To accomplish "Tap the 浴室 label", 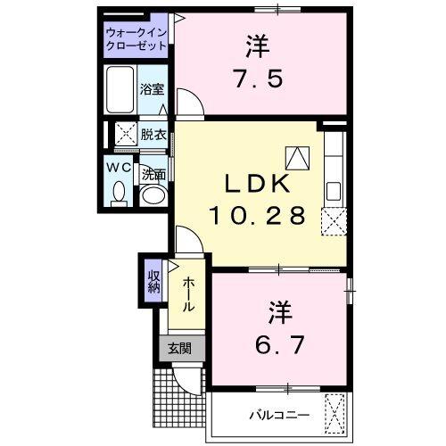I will point(153,88).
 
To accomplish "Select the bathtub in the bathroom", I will point(120,87).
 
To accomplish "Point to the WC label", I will point(119,166).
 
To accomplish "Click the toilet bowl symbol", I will point(119,190).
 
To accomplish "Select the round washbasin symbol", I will point(154,196).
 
